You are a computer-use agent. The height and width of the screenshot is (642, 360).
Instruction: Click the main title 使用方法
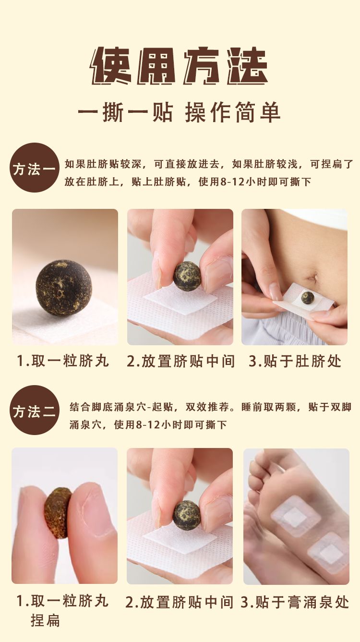click(180, 66)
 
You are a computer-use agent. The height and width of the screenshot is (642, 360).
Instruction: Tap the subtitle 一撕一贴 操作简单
click(180, 113)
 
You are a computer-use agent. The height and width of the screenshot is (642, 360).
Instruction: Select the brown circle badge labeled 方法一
click(35, 168)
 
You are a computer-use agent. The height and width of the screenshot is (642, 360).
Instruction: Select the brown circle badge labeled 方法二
click(35, 410)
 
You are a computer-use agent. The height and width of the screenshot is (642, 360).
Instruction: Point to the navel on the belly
click(312, 277)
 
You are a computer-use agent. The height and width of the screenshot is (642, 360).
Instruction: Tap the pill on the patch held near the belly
click(307, 298)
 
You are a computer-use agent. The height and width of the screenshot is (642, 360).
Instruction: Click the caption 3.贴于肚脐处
click(295, 361)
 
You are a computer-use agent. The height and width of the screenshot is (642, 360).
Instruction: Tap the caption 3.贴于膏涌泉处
click(295, 602)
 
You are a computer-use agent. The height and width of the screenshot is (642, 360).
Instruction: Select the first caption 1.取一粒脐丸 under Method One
click(63, 361)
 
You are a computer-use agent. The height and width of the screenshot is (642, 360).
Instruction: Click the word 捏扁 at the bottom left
click(45, 620)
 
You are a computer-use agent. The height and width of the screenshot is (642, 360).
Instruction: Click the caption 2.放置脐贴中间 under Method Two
click(180, 602)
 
